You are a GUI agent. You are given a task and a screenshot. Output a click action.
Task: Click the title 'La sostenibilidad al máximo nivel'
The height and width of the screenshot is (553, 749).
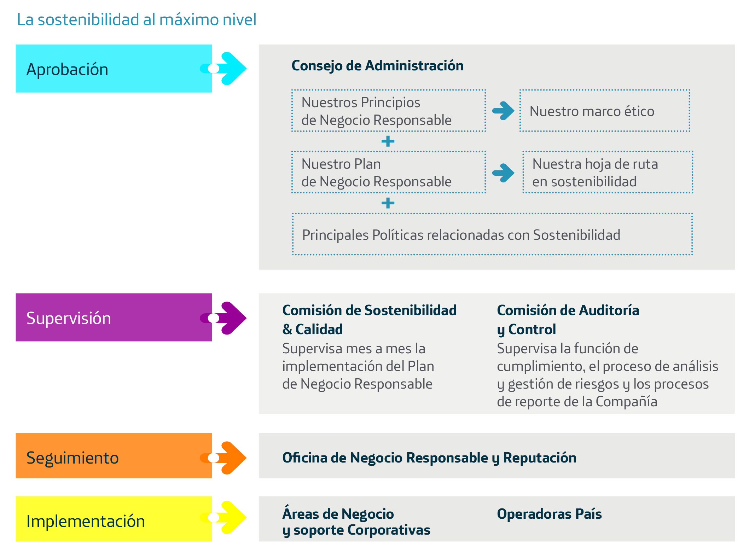[137, 20]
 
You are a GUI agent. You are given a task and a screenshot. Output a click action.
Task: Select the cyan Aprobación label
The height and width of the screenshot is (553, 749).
[114, 69]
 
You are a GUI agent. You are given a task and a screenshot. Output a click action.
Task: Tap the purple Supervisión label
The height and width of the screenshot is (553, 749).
[114, 317]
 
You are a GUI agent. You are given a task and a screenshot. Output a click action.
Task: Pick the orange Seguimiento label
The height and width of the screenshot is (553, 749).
[114, 456]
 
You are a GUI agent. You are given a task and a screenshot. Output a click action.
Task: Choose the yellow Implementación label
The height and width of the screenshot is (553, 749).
[114, 519]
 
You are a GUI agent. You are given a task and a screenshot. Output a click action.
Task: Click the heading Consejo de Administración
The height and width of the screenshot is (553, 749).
[377, 66]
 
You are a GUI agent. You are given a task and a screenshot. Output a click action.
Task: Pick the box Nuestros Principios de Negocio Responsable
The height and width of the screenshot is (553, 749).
[389, 111]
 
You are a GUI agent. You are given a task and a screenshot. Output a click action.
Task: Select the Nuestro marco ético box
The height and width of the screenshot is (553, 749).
[605, 111]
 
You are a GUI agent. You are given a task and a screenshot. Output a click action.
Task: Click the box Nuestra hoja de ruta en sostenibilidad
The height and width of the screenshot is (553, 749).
[608, 172]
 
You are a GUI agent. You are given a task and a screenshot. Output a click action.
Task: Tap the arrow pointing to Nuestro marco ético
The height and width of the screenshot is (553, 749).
[503, 111]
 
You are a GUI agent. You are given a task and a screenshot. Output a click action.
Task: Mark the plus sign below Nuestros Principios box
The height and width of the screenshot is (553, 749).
[388, 141]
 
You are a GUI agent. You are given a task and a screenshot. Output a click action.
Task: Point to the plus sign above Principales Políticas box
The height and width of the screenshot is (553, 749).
[388, 203]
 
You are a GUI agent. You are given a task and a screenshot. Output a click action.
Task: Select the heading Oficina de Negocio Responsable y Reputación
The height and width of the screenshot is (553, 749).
[429, 458]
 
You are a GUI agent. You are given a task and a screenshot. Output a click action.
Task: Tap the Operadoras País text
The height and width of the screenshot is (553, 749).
[549, 514]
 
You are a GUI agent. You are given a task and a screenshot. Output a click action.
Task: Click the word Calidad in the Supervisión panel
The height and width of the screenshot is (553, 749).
[319, 330]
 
